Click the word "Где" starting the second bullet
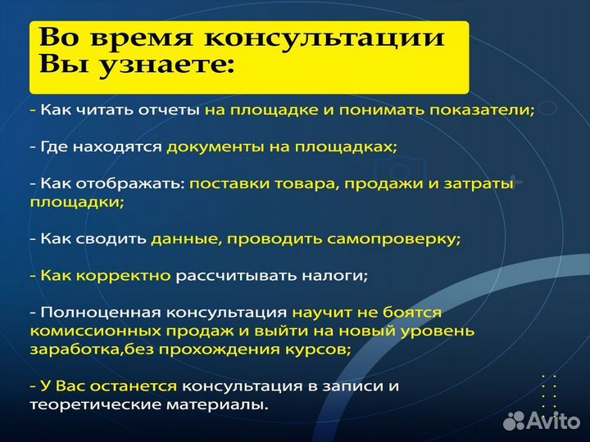click(54, 147)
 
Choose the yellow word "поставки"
click(229, 185)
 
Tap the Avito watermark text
click(553, 421)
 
